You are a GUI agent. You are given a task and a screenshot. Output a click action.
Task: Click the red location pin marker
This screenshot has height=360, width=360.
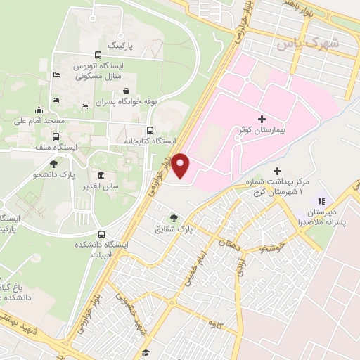pyautogui.click(x=181, y=165)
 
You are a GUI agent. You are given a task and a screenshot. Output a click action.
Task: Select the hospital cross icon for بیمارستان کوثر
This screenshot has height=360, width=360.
pyautogui.click(x=262, y=120)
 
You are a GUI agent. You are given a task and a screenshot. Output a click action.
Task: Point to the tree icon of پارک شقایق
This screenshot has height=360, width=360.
pyautogui.click(x=173, y=217)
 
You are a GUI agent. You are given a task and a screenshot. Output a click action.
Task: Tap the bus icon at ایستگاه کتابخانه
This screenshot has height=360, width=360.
pyautogui.click(x=149, y=130)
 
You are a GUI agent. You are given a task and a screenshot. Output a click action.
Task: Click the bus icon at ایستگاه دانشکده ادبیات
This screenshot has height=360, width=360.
pyautogui.click(x=102, y=234)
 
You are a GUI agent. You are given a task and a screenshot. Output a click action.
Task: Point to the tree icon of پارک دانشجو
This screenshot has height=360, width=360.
pyautogui.click(x=54, y=163)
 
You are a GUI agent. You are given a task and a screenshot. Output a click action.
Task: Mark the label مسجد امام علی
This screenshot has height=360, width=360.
pyautogui.click(x=39, y=121)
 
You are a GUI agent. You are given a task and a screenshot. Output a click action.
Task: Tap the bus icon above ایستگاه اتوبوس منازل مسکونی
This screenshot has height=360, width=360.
pyautogui.click(x=97, y=56)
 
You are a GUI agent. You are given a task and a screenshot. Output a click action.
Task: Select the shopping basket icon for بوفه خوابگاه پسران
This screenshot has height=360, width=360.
pyautogui.click(x=126, y=91)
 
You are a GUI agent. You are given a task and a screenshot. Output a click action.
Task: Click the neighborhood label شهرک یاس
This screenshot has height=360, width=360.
pyautogui.click(x=307, y=43)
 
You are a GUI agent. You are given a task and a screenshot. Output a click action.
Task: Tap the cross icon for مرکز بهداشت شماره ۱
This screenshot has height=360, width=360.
pyautogui.click(x=277, y=171)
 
